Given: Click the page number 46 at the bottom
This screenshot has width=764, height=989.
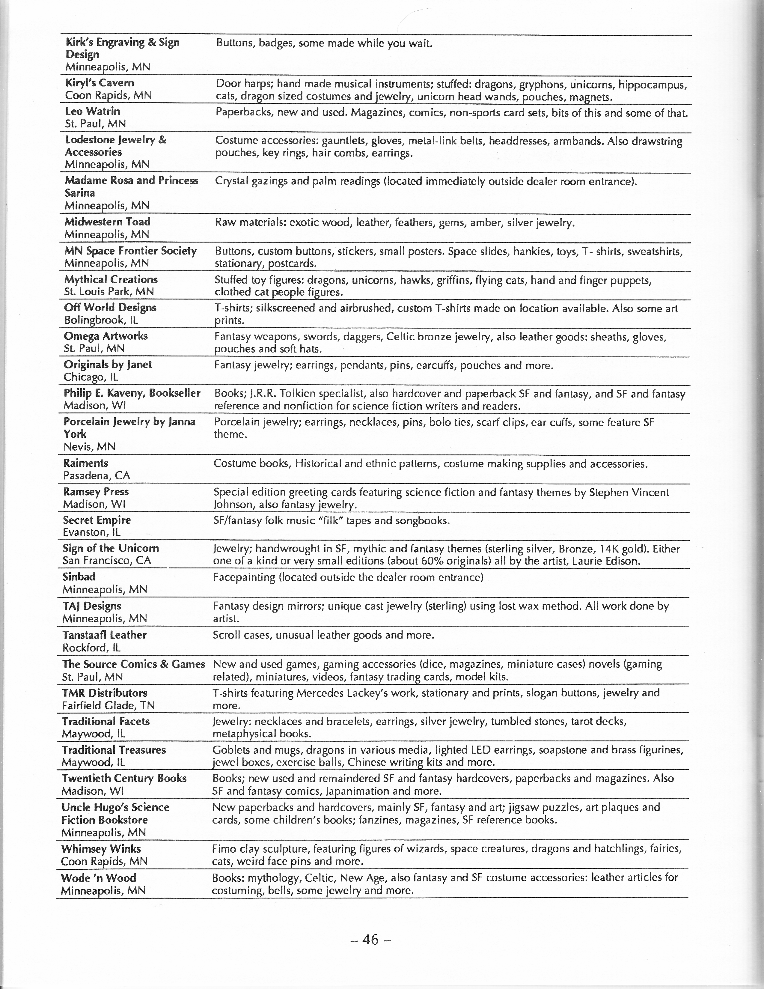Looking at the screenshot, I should point(370,940).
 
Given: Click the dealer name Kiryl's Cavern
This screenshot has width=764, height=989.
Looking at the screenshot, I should point(100,83).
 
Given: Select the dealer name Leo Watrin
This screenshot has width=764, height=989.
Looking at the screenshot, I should point(92,112).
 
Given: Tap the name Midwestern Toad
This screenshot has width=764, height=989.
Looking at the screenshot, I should point(107,222).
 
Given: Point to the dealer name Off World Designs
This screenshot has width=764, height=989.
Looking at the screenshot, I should point(110,308).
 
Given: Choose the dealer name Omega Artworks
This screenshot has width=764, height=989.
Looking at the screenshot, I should point(106,336).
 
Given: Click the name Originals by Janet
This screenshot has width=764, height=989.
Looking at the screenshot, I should point(108,365).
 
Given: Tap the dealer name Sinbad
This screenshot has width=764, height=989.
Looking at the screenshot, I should point(79,576).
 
